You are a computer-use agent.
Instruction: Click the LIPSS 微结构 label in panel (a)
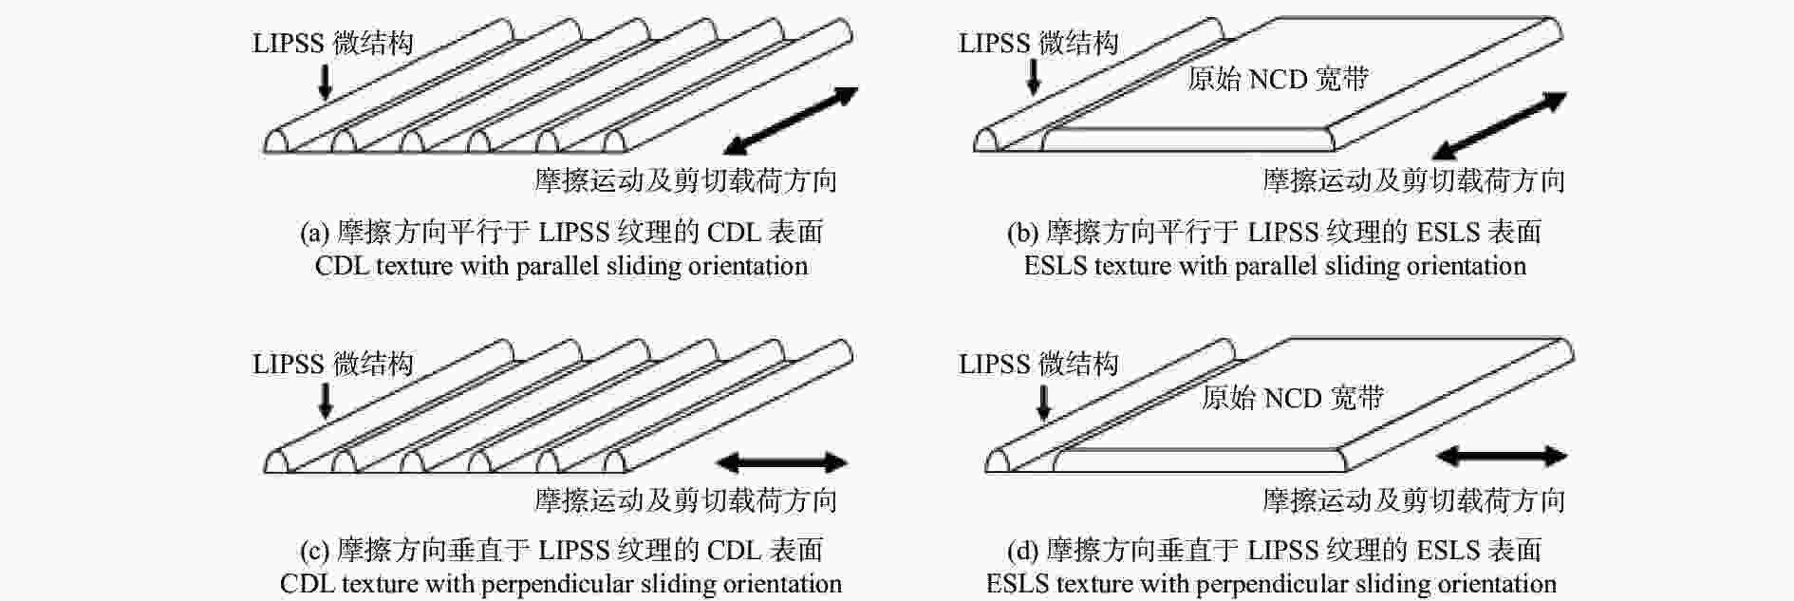pos(332,43)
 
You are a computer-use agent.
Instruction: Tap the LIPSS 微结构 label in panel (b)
pos(1038,43)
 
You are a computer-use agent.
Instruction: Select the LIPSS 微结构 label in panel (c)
pos(332,364)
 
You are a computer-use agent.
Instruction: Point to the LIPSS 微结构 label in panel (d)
pos(1038,364)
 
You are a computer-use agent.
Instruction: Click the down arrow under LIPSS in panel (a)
pos(325,81)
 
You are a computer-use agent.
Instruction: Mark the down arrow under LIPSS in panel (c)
pos(325,401)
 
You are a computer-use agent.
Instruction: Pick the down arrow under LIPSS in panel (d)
pos(1044,401)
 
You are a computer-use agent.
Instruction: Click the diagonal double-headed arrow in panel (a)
pos(791,121)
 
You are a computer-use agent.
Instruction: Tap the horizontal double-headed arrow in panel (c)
pos(781,462)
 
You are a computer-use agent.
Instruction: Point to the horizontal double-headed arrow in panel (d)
pos(1501,457)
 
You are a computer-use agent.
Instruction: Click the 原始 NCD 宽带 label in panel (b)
pos(1278,79)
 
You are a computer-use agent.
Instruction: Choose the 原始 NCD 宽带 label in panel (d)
pos(1292,397)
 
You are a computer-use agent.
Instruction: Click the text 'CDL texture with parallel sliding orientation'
pos(561,266)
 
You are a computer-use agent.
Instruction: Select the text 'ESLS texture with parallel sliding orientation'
pos(1275,266)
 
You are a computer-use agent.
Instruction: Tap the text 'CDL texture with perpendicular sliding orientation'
pos(561,584)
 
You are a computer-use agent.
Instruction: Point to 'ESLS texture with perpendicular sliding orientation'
pos(1271,584)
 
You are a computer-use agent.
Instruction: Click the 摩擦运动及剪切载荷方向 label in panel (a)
pos(685,180)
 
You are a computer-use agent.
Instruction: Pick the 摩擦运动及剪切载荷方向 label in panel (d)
pos(1413,500)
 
